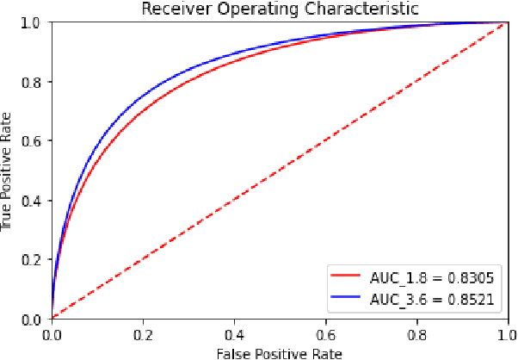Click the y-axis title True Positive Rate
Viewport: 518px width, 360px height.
(8, 171)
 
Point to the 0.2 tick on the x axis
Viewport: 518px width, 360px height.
(143, 331)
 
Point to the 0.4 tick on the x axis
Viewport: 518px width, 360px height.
(233, 331)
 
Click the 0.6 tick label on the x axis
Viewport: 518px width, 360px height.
(323, 331)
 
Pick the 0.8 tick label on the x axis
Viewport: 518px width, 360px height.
(413, 331)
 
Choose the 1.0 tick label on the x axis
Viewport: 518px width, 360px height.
(503, 331)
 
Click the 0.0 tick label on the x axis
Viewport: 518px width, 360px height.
(52, 331)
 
